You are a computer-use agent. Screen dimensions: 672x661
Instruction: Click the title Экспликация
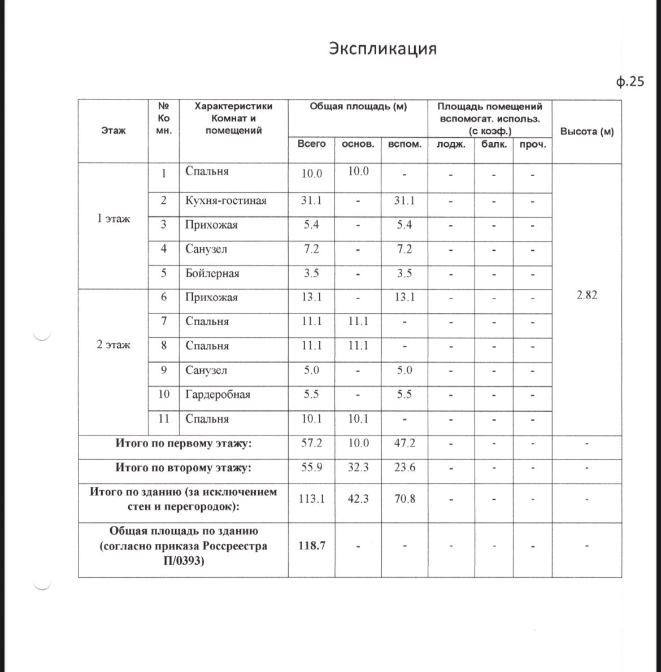(x=382, y=49)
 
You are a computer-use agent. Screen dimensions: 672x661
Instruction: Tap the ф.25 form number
(x=630, y=82)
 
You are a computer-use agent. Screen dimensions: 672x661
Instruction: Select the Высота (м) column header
(x=586, y=132)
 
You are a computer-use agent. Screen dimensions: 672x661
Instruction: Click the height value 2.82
(x=586, y=295)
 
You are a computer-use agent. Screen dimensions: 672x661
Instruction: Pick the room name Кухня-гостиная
(x=226, y=200)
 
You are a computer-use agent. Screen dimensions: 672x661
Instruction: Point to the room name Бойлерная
(x=212, y=273)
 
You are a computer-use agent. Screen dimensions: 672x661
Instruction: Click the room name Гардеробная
(x=218, y=394)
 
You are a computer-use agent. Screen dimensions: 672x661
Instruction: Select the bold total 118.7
(x=311, y=546)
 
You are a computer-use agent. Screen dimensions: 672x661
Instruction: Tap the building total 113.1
(x=311, y=499)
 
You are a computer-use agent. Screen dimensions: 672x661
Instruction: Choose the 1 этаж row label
(x=113, y=219)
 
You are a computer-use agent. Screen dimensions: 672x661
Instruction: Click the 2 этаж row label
(x=113, y=344)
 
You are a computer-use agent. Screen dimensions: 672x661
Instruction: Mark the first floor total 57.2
(x=311, y=443)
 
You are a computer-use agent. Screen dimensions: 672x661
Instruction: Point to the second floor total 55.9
(x=311, y=468)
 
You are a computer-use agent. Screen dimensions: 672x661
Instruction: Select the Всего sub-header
(x=311, y=144)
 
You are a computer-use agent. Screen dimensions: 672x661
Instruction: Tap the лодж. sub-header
(x=451, y=145)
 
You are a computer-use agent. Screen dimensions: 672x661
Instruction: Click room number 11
(x=164, y=418)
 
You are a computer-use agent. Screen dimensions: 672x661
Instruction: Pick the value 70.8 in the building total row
(x=405, y=499)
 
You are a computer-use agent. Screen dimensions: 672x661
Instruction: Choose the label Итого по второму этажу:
(x=183, y=468)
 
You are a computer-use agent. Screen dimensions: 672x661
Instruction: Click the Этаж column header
(x=113, y=131)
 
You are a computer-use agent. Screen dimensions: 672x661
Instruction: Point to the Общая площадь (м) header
(x=358, y=106)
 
